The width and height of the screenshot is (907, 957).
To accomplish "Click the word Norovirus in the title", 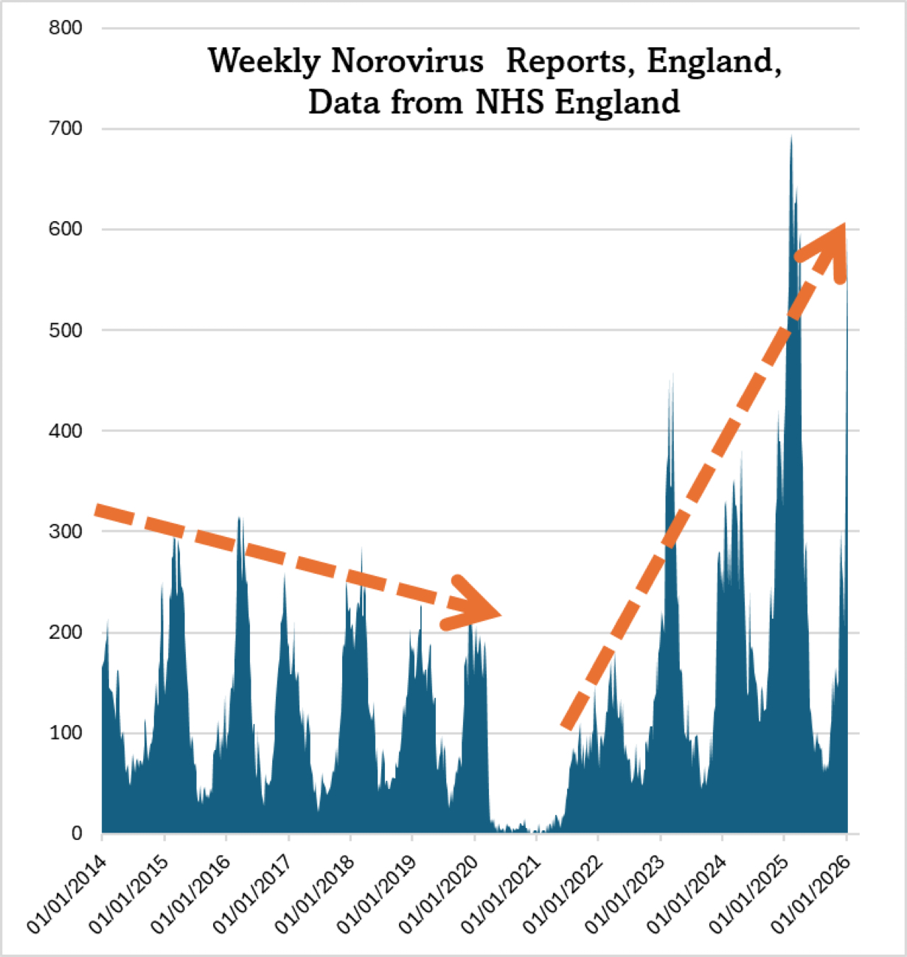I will click(x=407, y=61).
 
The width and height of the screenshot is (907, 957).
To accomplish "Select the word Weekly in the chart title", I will click(x=264, y=61).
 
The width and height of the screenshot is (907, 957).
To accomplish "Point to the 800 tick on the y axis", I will click(x=66, y=28).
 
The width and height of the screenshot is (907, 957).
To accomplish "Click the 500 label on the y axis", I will click(x=66, y=330).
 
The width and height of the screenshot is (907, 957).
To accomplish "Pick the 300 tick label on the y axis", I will click(x=66, y=531).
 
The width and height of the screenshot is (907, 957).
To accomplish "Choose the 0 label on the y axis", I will click(x=77, y=833).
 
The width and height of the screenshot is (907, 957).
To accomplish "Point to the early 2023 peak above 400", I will click(x=671, y=379).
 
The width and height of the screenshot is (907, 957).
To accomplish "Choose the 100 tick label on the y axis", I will click(x=66, y=733).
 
